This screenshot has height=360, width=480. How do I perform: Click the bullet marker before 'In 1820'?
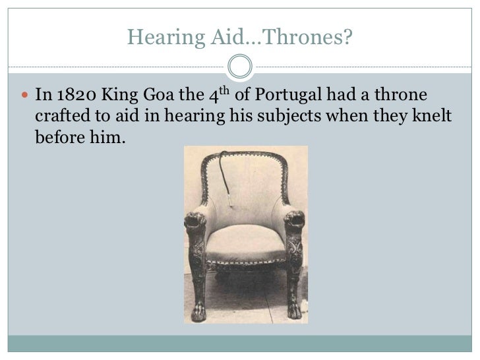tap(25, 95)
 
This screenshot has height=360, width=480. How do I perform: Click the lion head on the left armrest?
tap(195, 220)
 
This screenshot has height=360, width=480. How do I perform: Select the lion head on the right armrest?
tap(295, 218)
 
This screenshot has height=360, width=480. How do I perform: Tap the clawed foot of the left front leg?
tap(198, 312)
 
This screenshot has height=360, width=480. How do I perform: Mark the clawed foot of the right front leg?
tap(295, 310)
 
